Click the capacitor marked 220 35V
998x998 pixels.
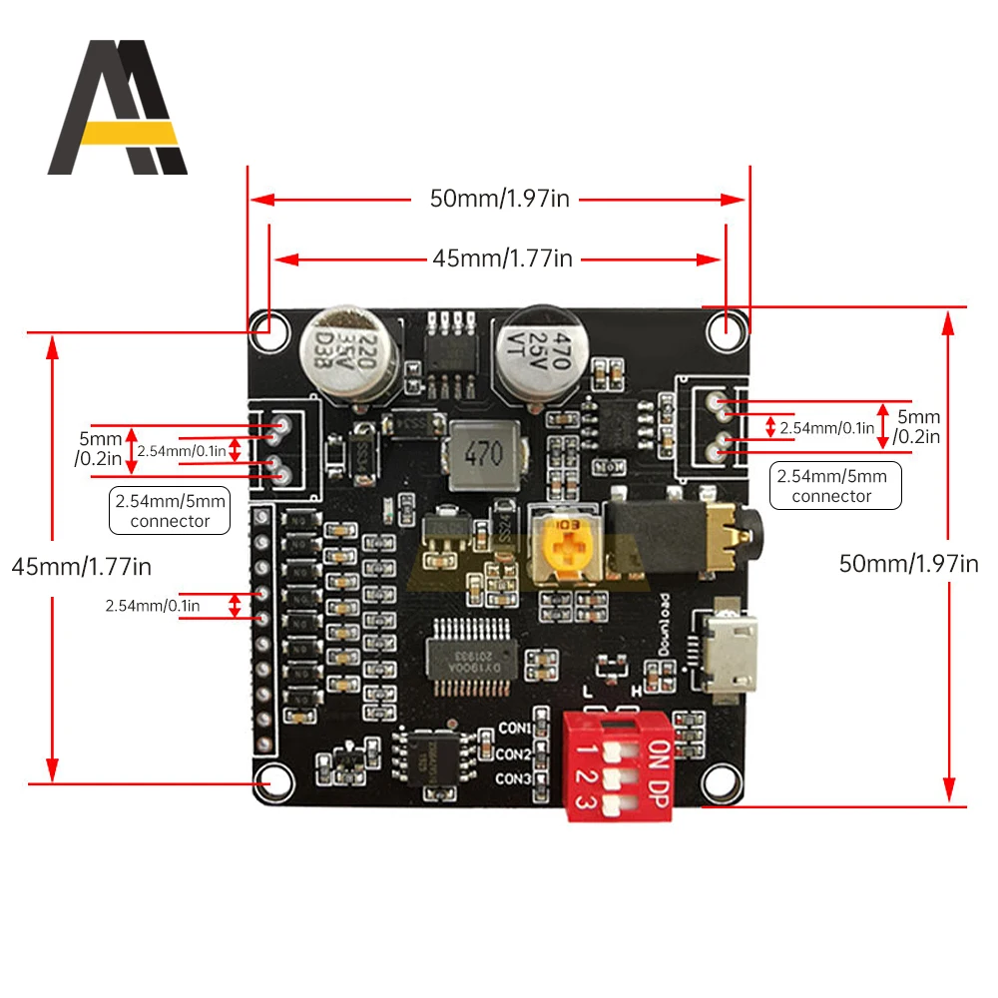pos(350,356)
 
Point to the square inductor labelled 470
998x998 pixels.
pos(484,456)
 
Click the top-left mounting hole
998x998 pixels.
pos(268,325)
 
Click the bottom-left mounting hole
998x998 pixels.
pos(269,782)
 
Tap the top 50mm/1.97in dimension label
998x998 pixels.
pos(499,199)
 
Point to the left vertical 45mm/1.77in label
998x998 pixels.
pos(82,567)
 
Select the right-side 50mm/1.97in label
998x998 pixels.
pos(908,564)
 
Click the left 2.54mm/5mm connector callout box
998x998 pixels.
pos(170,510)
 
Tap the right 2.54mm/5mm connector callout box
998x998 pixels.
pos(836,486)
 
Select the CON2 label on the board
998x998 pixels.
pos(514,754)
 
